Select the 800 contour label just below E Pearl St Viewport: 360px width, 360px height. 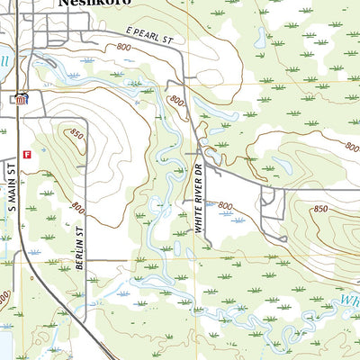[x=124, y=46]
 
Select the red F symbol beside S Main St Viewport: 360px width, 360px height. [x=28, y=154]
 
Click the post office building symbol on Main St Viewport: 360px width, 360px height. [x=17, y=100]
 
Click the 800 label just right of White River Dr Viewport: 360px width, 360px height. [x=225, y=205]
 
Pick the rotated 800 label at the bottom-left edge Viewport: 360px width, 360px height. [x=4, y=298]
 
